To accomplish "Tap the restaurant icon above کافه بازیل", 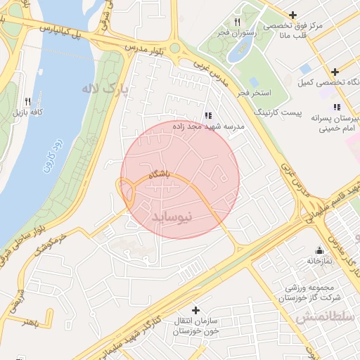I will (x=27, y=101).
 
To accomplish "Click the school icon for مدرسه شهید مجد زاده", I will (x=207, y=115).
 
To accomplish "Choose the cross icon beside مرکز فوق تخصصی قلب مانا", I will (x=294, y=14).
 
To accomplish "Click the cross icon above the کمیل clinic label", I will (x=335, y=72).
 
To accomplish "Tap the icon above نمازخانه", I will (x=319, y=250).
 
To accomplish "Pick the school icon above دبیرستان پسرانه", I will (x=337, y=107).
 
